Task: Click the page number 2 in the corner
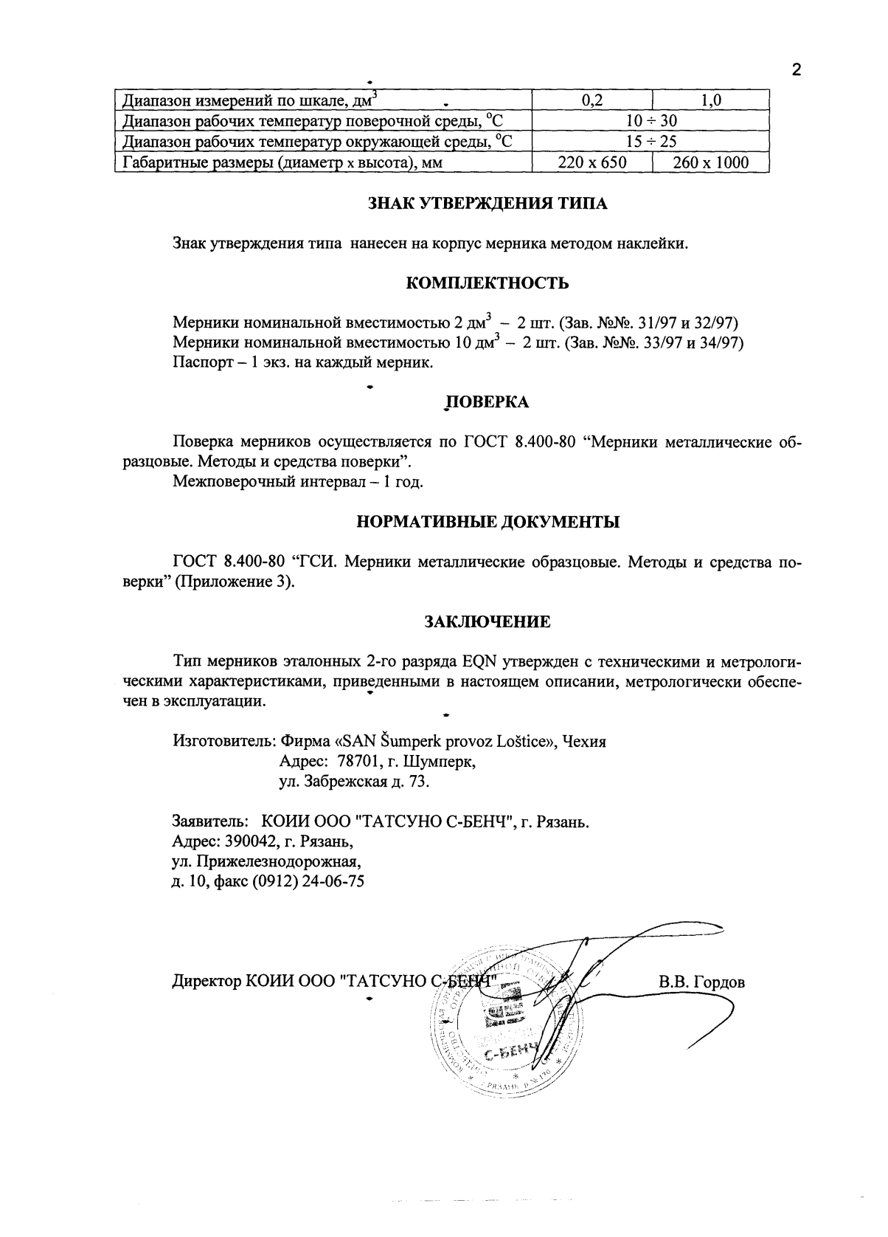coord(796,71)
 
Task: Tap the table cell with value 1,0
coord(711,101)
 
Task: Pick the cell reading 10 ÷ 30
coord(651,121)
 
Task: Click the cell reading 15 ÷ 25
coord(651,142)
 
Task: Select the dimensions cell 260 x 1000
coord(711,162)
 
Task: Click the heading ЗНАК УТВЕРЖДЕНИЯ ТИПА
coord(488,204)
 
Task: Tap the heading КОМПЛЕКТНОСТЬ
coord(488,283)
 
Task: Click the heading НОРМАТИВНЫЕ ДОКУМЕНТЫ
coord(488,523)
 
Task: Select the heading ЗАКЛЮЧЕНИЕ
coord(488,621)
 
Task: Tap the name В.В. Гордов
coord(701,982)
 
